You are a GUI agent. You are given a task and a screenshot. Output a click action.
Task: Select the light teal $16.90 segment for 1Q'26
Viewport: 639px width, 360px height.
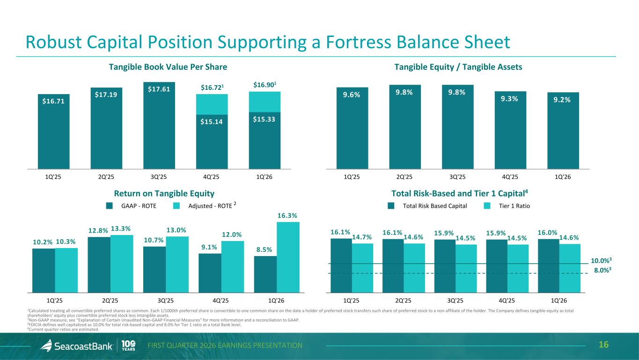tap(264, 102)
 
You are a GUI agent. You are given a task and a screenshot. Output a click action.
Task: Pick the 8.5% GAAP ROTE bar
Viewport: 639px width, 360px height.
tap(265, 273)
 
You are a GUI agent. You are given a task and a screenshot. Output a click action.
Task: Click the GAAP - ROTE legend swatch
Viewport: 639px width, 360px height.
tap(110, 206)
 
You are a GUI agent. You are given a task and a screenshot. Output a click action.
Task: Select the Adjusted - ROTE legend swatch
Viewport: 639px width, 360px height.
tap(176, 206)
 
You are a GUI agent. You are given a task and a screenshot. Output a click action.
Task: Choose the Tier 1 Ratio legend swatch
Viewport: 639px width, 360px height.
tap(487, 206)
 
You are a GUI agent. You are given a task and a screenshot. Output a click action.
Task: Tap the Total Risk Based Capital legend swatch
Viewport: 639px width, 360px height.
tap(391, 206)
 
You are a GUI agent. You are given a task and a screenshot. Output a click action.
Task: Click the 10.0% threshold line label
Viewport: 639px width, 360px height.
tap(601, 260)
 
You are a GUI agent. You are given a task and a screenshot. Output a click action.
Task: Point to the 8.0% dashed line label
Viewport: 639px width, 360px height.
tap(603, 270)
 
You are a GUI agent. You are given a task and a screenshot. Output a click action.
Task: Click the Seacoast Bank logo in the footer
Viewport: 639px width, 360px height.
tap(77, 346)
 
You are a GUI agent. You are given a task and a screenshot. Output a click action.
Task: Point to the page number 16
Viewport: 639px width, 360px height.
tap(603, 345)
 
